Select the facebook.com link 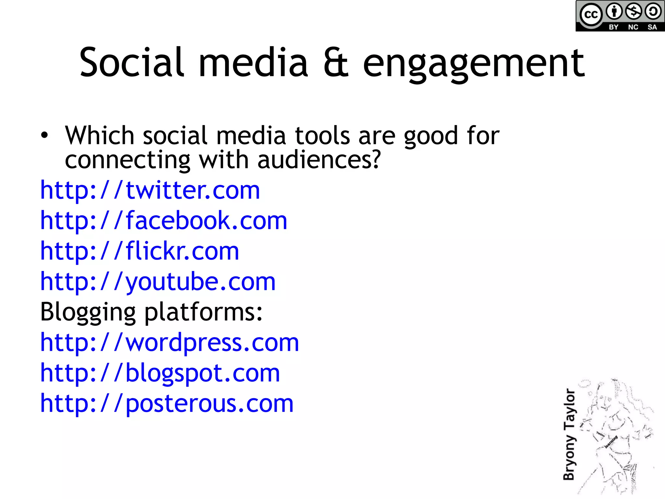tap(163, 221)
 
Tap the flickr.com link tap(139, 251)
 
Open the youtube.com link tap(157, 282)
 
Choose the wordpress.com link tap(169, 342)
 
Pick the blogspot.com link tap(160, 373)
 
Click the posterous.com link tap(167, 403)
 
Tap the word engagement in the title tap(474, 63)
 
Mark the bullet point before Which tap(44, 135)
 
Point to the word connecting tap(127, 160)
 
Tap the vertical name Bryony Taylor tap(569, 434)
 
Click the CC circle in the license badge tap(591, 15)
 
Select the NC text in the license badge tap(633, 27)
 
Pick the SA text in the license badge tap(652, 27)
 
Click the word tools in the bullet tap(322, 135)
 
